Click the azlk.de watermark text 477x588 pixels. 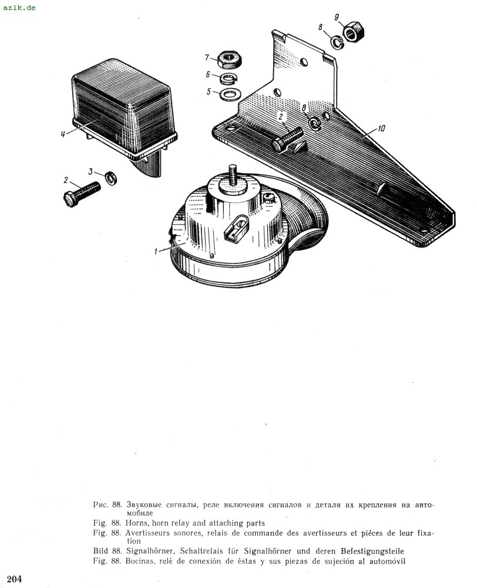[19, 7]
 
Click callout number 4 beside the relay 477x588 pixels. [63, 134]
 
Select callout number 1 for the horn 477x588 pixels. [156, 252]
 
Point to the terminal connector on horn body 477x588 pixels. [236, 227]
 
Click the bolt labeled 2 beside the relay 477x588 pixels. [82, 193]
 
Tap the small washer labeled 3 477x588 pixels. [111, 178]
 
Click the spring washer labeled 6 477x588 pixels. [228, 78]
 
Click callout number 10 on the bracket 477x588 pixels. [381, 129]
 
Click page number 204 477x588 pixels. [14, 579]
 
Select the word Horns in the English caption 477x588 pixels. [136, 523]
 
